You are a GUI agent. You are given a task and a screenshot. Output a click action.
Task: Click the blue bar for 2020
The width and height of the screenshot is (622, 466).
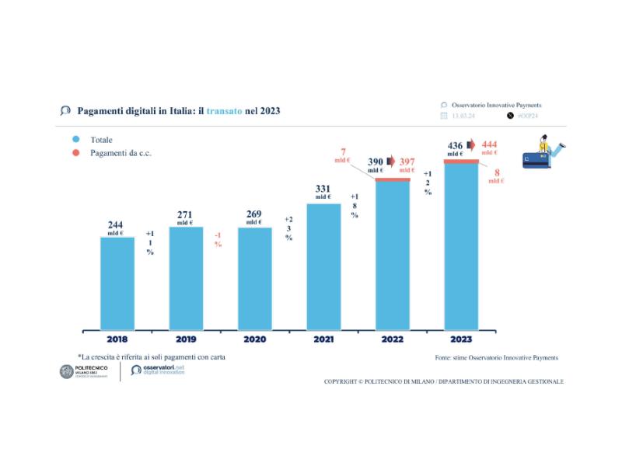coord(255,278)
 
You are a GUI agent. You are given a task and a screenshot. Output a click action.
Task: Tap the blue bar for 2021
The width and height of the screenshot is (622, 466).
coord(323,266)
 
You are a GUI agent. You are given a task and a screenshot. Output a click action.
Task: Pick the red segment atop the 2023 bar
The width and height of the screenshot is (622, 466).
coord(461,161)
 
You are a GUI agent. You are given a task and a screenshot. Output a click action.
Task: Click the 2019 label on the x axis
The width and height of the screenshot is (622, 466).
coord(186,339)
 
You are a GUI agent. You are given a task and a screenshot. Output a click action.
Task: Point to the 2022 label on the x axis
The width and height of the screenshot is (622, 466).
coord(392,339)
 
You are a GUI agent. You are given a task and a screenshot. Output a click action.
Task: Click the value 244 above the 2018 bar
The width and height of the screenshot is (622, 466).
coord(115,225)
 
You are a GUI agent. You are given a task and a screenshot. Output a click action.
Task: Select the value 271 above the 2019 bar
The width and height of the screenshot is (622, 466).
coord(184,214)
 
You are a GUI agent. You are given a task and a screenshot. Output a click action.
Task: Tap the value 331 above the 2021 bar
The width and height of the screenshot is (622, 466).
coord(323,189)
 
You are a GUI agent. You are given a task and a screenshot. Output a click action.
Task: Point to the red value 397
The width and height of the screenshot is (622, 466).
coord(407,161)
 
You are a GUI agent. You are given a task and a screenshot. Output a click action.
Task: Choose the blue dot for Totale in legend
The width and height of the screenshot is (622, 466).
coord(76,140)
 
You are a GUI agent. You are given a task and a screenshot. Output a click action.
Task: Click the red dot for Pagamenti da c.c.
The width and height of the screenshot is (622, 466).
coord(76,153)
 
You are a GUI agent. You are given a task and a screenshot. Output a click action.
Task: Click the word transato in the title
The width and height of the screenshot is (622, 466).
coord(225,111)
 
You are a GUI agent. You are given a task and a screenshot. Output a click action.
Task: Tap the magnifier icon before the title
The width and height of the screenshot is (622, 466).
coord(65,110)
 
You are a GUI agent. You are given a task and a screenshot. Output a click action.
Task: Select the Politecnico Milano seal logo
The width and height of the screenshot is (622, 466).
coord(67,372)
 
